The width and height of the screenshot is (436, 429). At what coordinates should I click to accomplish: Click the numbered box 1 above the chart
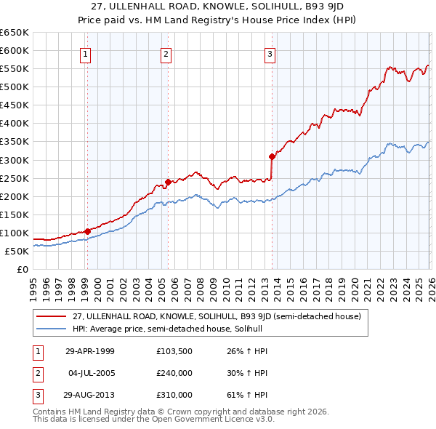pos(86,53)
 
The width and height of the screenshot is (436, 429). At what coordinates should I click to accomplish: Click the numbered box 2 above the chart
pos(166,53)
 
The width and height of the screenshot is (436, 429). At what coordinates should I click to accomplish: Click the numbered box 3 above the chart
pos(270,53)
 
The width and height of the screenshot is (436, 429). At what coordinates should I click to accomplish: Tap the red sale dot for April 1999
pos(88,231)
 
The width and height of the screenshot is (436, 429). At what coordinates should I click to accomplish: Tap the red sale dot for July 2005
pos(168,182)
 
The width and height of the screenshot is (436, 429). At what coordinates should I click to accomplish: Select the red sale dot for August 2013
pos(272,156)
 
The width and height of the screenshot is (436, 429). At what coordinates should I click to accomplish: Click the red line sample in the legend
pos(52,316)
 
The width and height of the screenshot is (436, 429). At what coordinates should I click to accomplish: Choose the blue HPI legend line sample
pos(52,329)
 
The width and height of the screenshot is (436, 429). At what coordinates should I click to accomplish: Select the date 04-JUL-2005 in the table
pos(87,373)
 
